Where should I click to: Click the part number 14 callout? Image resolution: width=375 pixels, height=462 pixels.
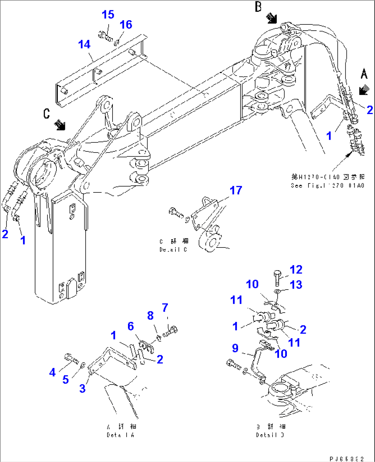[x=84, y=44]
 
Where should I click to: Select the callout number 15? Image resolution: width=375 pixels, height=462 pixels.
[x=108, y=15]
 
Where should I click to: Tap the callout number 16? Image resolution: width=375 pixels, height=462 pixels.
[x=126, y=25]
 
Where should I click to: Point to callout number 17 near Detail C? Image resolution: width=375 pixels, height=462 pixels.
[x=236, y=190]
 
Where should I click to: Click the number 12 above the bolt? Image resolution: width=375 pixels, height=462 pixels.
[x=296, y=270]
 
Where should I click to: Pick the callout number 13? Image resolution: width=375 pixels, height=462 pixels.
[x=296, y=285]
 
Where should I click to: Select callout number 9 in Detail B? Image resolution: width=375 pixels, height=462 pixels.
[x=235, y=348]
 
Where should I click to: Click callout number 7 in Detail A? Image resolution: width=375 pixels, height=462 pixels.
[x=165, y=307]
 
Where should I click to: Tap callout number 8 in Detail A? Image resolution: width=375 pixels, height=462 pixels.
[x=150, y=315]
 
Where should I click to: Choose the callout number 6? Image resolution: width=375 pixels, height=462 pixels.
[x=130, y=326]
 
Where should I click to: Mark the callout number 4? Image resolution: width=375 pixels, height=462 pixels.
[x=52, y=372]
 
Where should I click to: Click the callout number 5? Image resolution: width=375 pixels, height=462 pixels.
[x=66, y=380]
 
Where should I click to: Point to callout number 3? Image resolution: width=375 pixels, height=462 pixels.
[x=82, y=388]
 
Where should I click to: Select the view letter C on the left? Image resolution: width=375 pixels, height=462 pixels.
[x=47, y=113]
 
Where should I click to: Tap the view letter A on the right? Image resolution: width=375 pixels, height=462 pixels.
[x=364, y=74]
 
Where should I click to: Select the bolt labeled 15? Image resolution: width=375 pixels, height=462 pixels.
[x=105, y=36]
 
